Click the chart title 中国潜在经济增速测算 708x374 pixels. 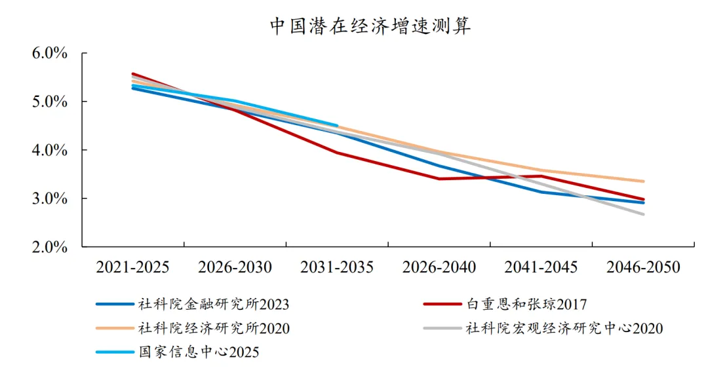(370, 26)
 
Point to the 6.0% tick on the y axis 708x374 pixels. (50, 53)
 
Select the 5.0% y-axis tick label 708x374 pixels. (50, 102)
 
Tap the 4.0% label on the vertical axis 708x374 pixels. (50, 150)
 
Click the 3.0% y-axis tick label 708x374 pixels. (50, 198)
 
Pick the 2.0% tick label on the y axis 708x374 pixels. (50, 247)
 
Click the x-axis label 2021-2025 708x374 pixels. (132, 267)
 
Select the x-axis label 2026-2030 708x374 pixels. (235, 267)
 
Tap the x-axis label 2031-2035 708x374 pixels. (337, 267)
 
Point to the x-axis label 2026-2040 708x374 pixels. (439, 267)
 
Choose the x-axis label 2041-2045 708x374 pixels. (541, 267)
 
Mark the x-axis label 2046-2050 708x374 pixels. (643, 267)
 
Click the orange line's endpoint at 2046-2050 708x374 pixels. (643, 181)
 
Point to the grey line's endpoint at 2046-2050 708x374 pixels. (643, 214)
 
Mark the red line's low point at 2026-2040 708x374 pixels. (439, 179)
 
